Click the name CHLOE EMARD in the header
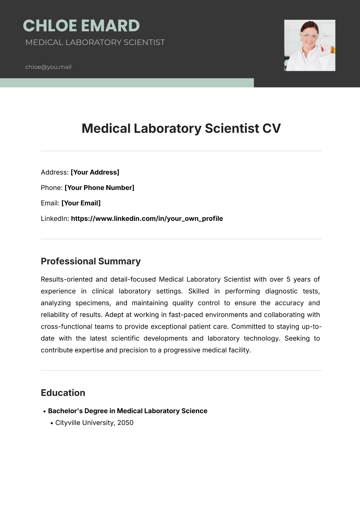coord(81,26)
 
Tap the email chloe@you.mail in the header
coord(48,67)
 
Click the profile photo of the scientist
coord(310,45)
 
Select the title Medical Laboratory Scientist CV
coord(181,128)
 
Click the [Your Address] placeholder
coord(95,172)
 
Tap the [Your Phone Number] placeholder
coord(99,188)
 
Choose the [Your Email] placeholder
coord(81,203)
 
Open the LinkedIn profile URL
coord(147,218)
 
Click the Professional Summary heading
coord(91,261)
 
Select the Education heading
coord(63,393)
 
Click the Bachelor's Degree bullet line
coord(127,411)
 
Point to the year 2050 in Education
coord(125,423)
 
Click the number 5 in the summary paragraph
coord(288,279)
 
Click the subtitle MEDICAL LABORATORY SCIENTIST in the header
coord(95,42)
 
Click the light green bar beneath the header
coord(127,83)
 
